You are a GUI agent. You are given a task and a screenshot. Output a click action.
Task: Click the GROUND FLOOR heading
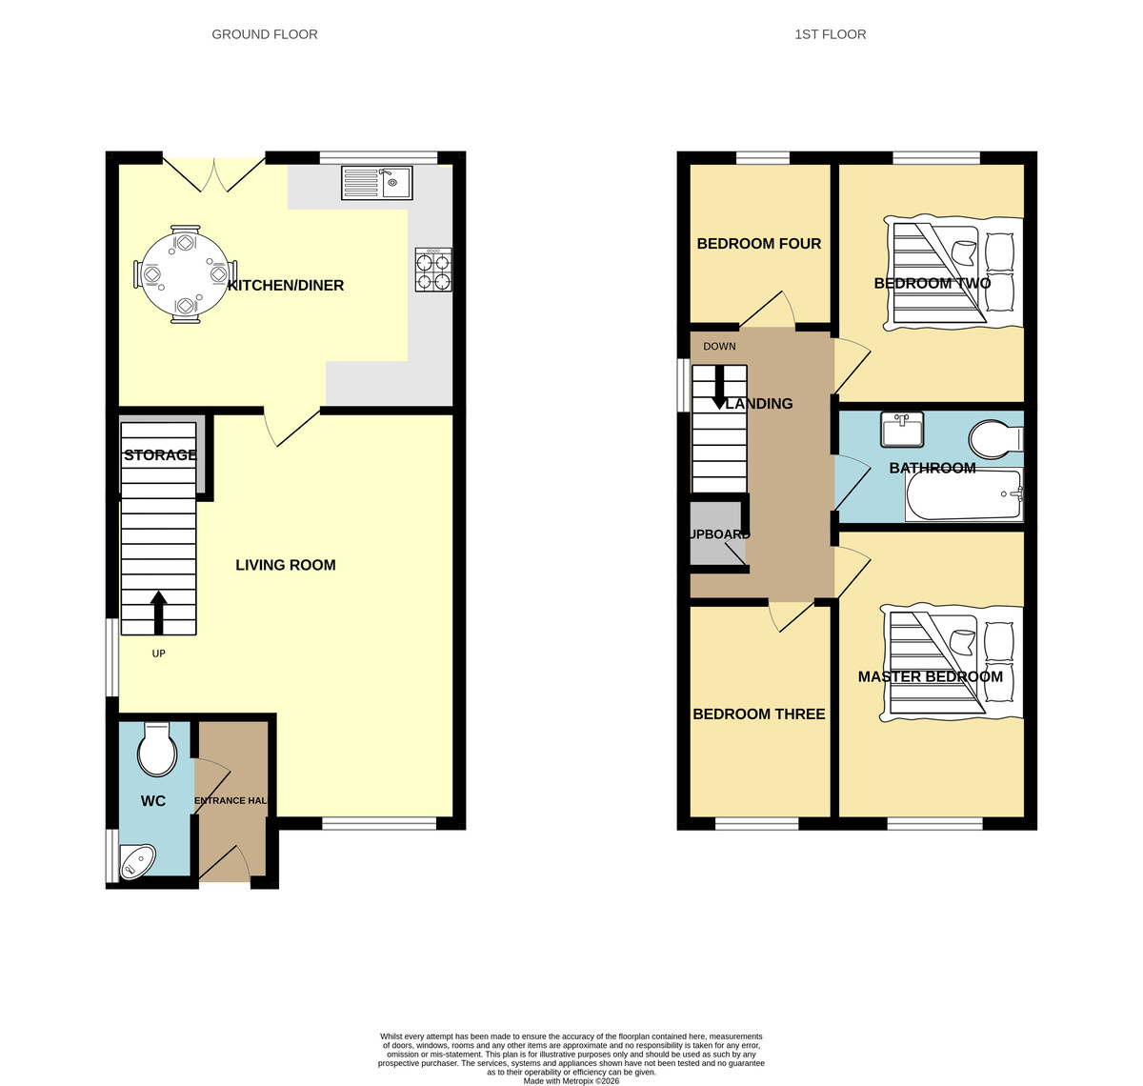coord(265,34)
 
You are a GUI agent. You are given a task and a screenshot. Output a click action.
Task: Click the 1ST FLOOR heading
coord(831,34)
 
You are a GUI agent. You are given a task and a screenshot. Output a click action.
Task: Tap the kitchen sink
coord(377,183)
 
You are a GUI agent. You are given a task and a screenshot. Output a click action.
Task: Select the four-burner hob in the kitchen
coord(433,270)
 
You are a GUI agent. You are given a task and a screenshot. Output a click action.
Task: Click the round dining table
coord(186,274)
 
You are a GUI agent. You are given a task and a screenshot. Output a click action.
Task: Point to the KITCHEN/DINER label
coord(286,285)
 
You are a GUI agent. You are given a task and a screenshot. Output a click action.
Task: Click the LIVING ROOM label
coord(286,565)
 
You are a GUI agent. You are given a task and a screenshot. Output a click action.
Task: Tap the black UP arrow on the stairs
coord(158,613)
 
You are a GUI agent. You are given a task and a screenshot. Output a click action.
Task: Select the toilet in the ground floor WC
coord(157,749)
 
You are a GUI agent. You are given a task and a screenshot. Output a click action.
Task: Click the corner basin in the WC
coord(136,861)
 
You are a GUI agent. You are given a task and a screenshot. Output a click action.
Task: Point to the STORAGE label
coord(160,454)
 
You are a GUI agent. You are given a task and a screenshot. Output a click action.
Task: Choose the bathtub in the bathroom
coord(964,494)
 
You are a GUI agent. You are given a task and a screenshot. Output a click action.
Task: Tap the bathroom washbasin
coord(902,430)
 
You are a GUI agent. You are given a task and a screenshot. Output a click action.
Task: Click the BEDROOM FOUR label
coord(759,243)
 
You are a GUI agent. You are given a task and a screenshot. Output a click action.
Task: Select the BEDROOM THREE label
coord(759,714)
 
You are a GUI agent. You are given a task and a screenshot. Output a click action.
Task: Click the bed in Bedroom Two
coord(953,274)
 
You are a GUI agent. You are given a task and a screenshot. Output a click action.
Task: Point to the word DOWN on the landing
coord(719,346)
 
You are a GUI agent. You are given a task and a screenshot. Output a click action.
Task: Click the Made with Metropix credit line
coord(571,1081)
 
